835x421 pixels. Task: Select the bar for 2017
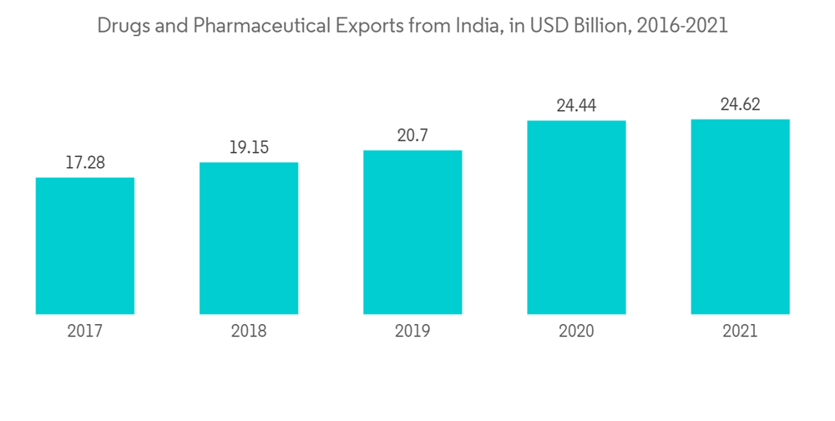85,246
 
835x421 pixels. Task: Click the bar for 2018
249,238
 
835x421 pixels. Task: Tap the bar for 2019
412,232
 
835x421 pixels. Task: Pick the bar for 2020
576,217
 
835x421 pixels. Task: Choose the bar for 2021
740,216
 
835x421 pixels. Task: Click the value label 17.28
85,163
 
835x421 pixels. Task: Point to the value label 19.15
249,147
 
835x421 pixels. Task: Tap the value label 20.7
412,135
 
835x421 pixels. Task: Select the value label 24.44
576,106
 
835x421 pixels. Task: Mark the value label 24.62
740,104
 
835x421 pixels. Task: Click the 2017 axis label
85,332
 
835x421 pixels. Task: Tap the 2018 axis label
249,332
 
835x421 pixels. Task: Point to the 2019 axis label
412,332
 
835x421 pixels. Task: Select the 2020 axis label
576,332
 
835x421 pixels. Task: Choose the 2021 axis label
740,332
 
